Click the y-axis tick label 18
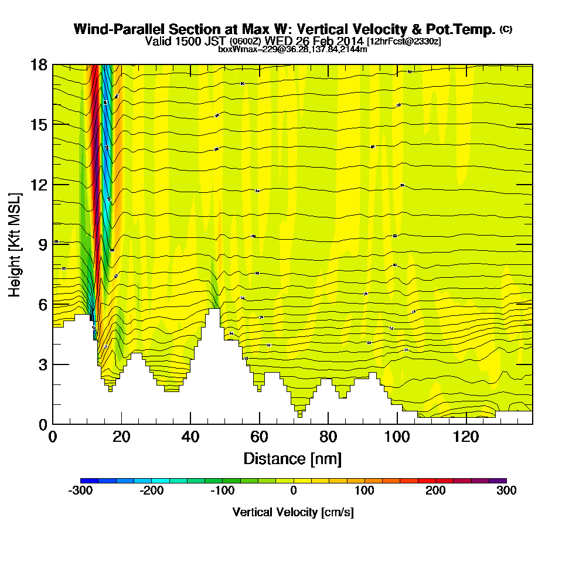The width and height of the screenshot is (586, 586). [39, 64]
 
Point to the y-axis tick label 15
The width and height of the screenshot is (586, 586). [39, 124]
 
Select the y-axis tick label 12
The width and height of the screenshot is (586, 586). [39, 185]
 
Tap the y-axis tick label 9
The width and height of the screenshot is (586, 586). [43, 244]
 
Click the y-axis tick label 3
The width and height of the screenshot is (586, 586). [43, 364]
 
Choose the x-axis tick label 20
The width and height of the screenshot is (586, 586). [121, 437]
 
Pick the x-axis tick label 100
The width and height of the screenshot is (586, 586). [397, 437]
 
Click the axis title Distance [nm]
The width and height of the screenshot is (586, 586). [292, 458]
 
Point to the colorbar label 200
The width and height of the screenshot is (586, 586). [435, 491]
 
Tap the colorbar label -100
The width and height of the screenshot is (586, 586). [222, 491]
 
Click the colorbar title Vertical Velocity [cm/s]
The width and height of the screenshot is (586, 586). [293, 512]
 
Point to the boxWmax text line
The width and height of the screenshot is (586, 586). [292, 49]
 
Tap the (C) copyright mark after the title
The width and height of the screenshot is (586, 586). [506, 29]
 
